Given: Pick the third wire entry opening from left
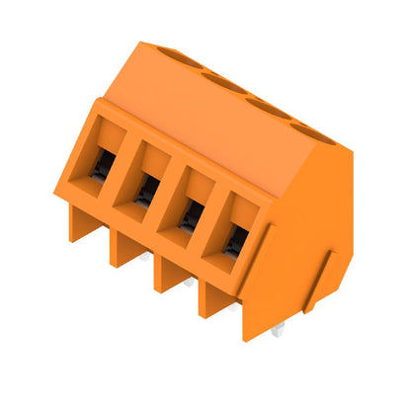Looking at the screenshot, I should click(192, 212).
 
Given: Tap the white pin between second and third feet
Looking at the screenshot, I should click(188, 284).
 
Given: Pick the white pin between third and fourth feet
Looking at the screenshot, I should click(231, 307).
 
